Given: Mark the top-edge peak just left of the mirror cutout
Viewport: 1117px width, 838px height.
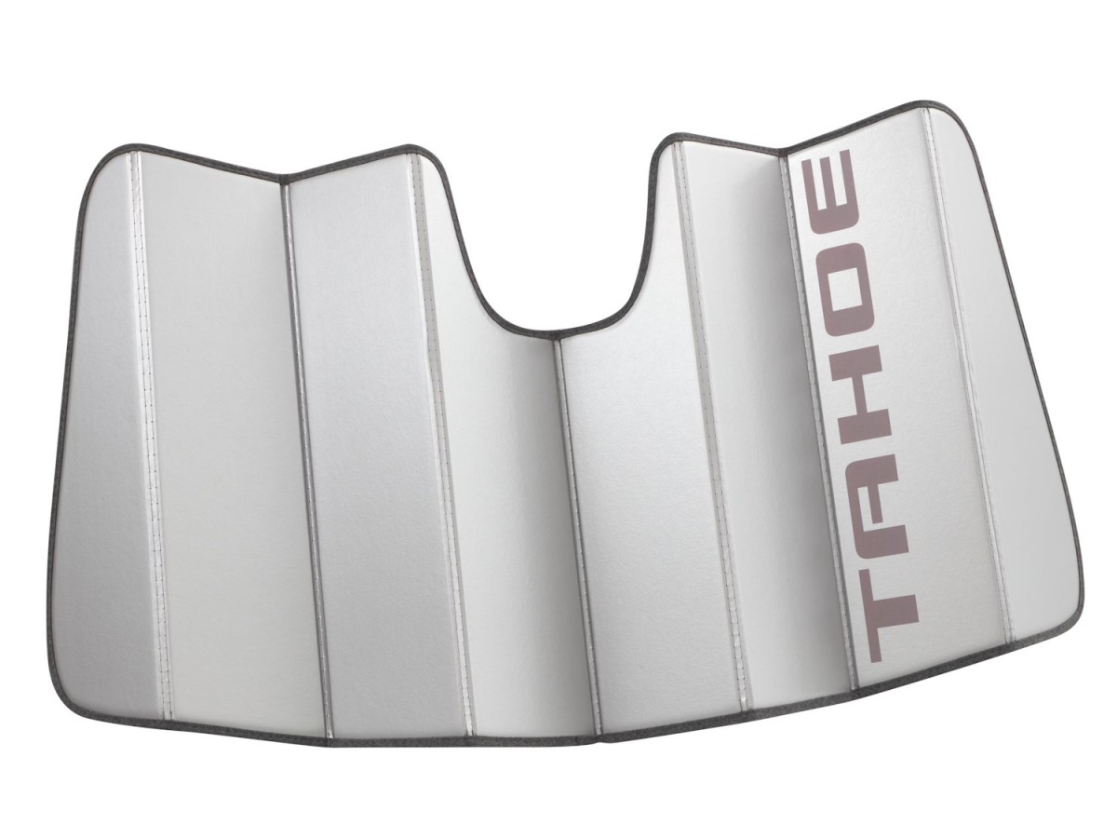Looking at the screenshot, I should [410, 149].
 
